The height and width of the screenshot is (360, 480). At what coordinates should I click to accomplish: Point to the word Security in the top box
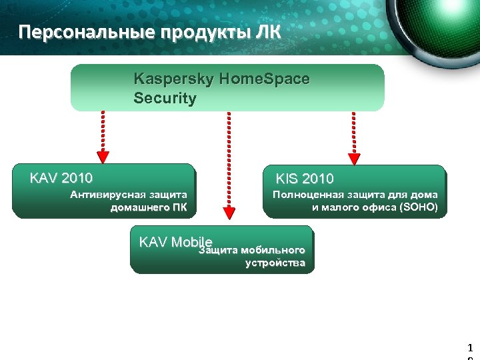(165, 99)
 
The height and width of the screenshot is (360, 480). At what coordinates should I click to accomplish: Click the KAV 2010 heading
(61, 178)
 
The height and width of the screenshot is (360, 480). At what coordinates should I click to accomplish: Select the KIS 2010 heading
(305, 179)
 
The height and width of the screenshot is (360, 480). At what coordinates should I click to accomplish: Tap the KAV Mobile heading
(175, 241)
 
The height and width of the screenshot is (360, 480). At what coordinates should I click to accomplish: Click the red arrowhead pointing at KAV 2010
(103, 157)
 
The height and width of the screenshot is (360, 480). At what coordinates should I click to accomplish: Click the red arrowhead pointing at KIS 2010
(354, 159)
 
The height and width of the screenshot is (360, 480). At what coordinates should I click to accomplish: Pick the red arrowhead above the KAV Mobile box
(229, 213)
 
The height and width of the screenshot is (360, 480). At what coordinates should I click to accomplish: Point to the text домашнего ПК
(149, 207)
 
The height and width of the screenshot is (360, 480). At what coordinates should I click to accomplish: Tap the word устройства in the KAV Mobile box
(275, 263)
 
